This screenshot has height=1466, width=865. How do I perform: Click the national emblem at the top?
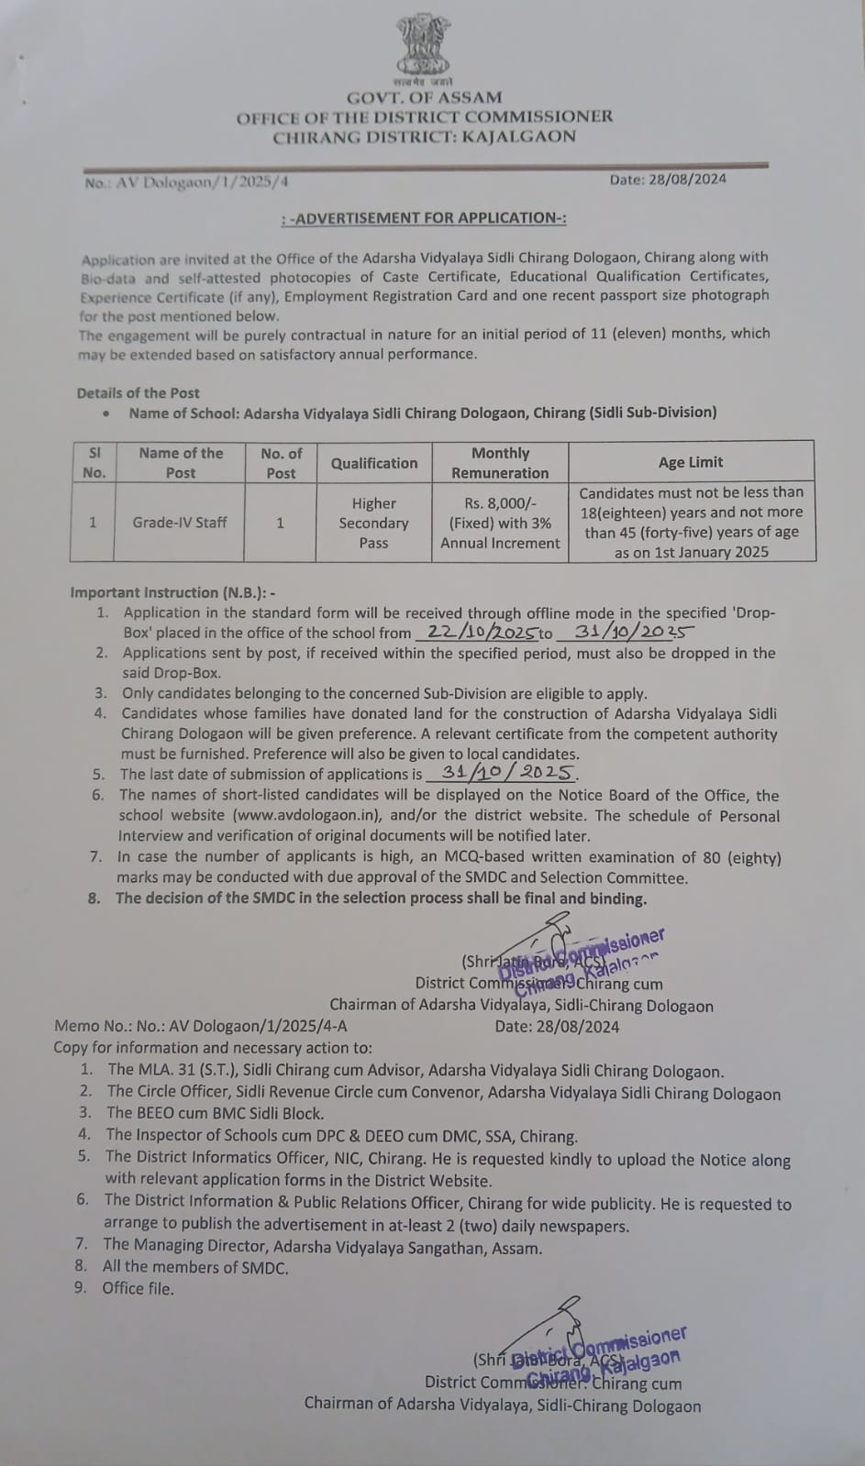click(423, 46)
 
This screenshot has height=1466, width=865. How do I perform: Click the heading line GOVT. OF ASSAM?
click(424, 97)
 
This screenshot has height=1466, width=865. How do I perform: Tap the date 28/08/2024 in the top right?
click(668, 180)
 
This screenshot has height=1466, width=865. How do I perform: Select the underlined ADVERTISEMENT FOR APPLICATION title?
click(424, 218)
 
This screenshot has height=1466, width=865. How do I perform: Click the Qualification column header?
click(374, 463)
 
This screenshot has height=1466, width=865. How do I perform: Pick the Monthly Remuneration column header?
click(500, 463)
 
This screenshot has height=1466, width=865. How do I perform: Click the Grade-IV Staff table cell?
click(180, 523)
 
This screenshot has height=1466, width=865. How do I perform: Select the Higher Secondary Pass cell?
click(373, 523)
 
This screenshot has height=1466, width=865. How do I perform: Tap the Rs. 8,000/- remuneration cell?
click(500, 523)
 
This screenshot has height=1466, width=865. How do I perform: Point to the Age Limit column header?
click(691, 462)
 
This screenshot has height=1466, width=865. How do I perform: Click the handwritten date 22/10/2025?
click(476, 633)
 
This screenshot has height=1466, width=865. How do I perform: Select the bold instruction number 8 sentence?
click(381, 898)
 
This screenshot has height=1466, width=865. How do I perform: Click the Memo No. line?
click(201, 1027)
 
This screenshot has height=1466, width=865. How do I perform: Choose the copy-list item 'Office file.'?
click(138, 1288)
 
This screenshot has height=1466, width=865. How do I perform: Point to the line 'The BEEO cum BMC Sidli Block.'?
click(215, 1113)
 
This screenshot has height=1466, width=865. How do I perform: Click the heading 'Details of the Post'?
click(139, 392)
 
